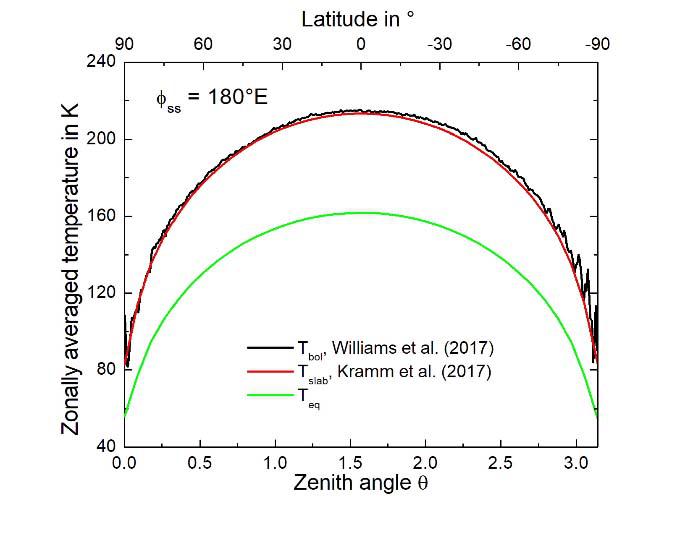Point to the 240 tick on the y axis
[x=104, y=62]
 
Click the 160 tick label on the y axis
[x=104, y=216]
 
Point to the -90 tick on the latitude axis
[x=597, y=45]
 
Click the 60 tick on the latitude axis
[x=203, y=45]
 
